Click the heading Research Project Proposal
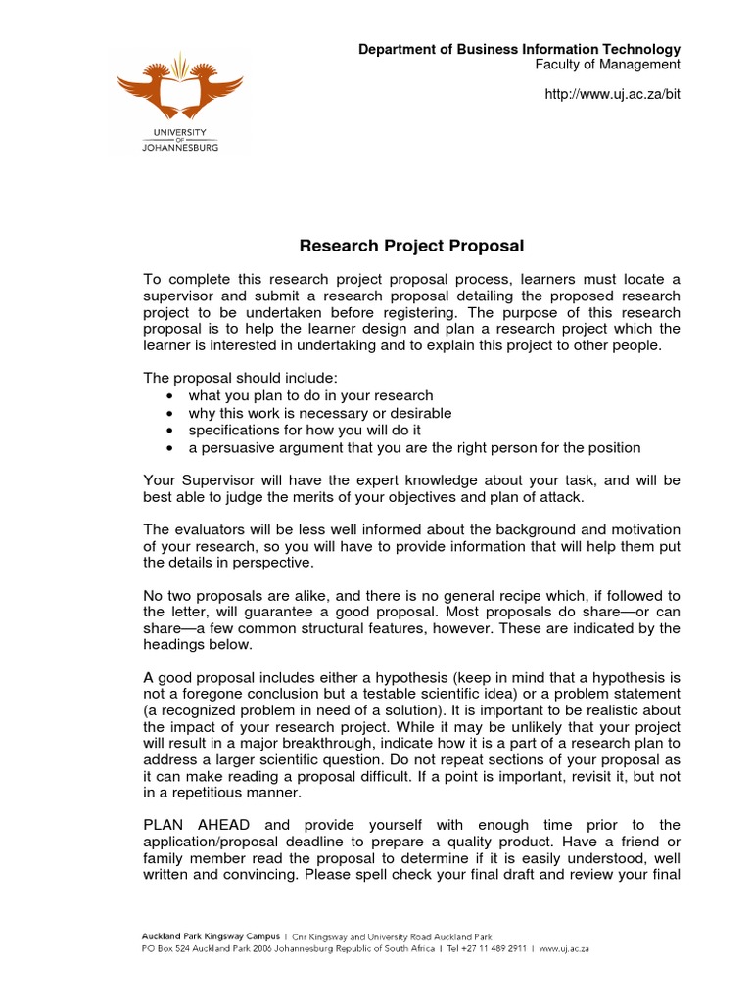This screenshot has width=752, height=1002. (411, 246)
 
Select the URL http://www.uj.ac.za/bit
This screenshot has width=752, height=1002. (611, 94)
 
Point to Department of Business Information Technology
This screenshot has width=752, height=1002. (518, 49)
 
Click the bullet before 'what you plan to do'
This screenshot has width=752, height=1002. (170, 396)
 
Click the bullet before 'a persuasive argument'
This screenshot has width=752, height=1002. (170, 448)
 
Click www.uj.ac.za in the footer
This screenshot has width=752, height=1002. (563, 949)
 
